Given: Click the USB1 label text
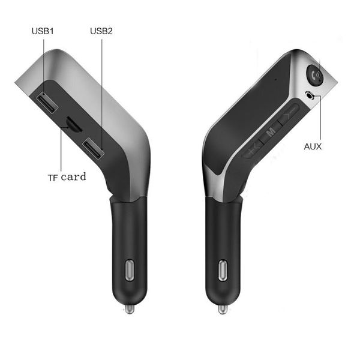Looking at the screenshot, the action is (x=43, y=31).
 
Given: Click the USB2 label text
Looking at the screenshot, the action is (x=101, y=31).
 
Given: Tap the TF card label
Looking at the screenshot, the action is (x=67, y=177).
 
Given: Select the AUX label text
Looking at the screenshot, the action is (x=313, y=146).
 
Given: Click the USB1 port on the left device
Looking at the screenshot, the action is (x=47, y=103).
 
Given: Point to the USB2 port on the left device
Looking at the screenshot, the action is (x=94, y=149).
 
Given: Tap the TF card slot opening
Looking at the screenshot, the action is (x=74, y=124).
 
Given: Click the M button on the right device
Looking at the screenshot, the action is (x=271, y=131).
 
